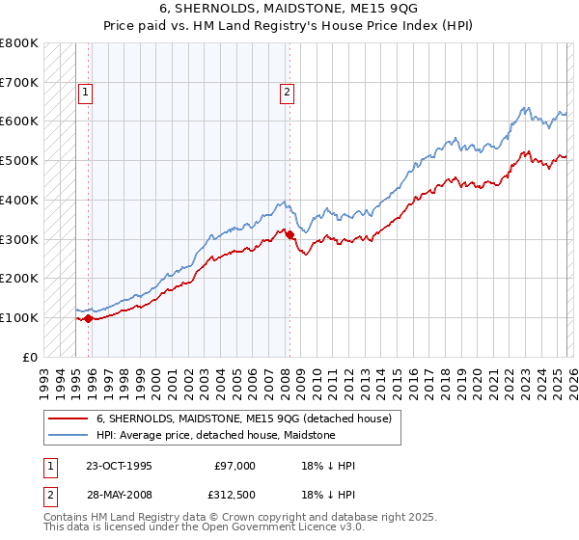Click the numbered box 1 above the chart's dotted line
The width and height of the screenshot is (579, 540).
(x=85, y=93)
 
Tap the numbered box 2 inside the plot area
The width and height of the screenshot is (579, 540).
(x=288, y=93)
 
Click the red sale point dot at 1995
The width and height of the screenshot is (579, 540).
(x=89, y=318)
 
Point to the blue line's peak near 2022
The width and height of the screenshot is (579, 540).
(x=524, y=108)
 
